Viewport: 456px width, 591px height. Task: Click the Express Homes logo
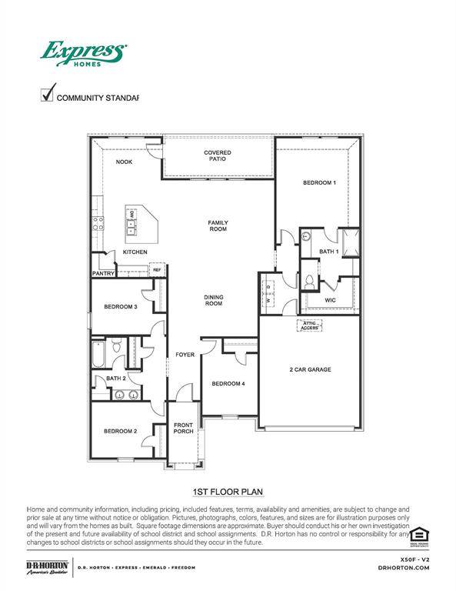[83, 55]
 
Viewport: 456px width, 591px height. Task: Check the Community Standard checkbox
[47, 95]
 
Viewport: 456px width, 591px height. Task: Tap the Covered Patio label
[218, 156]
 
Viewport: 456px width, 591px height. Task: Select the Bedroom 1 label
[318, 182]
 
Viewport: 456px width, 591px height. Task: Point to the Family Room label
[218, 226]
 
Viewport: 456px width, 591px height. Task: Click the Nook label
[124, 162]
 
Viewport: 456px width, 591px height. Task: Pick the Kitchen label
[135, 252]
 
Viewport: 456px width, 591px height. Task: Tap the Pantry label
[104, 273]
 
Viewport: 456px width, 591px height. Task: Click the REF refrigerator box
[157, 270]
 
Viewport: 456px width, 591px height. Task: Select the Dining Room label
[213, 301]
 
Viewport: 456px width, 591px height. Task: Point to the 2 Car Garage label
[310, 370]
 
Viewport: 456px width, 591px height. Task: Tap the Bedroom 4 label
[228, 384]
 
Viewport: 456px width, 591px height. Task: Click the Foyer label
[184, 355]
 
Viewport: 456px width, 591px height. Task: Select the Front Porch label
[183, 429]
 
